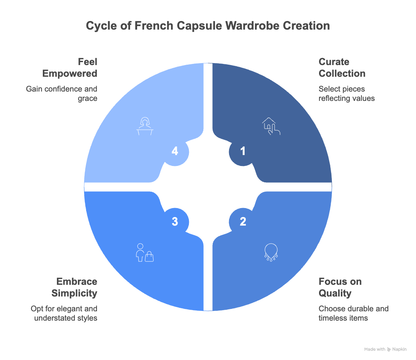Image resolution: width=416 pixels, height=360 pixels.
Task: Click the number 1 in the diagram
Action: [243, 151]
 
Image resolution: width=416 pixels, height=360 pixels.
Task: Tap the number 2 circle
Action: [243, 222]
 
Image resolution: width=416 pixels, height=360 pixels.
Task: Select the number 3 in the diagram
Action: [175, 222]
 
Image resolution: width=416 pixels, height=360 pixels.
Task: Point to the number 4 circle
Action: [175, 151]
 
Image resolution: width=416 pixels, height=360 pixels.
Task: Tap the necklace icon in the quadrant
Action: [270, 252]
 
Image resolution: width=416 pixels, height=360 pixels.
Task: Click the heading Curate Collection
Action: [342, 68]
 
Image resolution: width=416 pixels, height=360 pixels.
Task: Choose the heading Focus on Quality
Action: [340, 287]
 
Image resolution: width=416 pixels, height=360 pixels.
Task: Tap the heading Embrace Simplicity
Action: [77, 287]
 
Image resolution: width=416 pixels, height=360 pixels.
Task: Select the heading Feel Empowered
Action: [77, 68]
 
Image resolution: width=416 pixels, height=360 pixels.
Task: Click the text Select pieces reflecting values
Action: [346, 94]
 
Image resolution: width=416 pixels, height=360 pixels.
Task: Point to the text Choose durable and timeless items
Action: [353, 313]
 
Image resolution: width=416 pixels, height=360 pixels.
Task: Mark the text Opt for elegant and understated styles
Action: [64, 313]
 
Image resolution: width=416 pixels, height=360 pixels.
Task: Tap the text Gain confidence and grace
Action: [62, 94]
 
